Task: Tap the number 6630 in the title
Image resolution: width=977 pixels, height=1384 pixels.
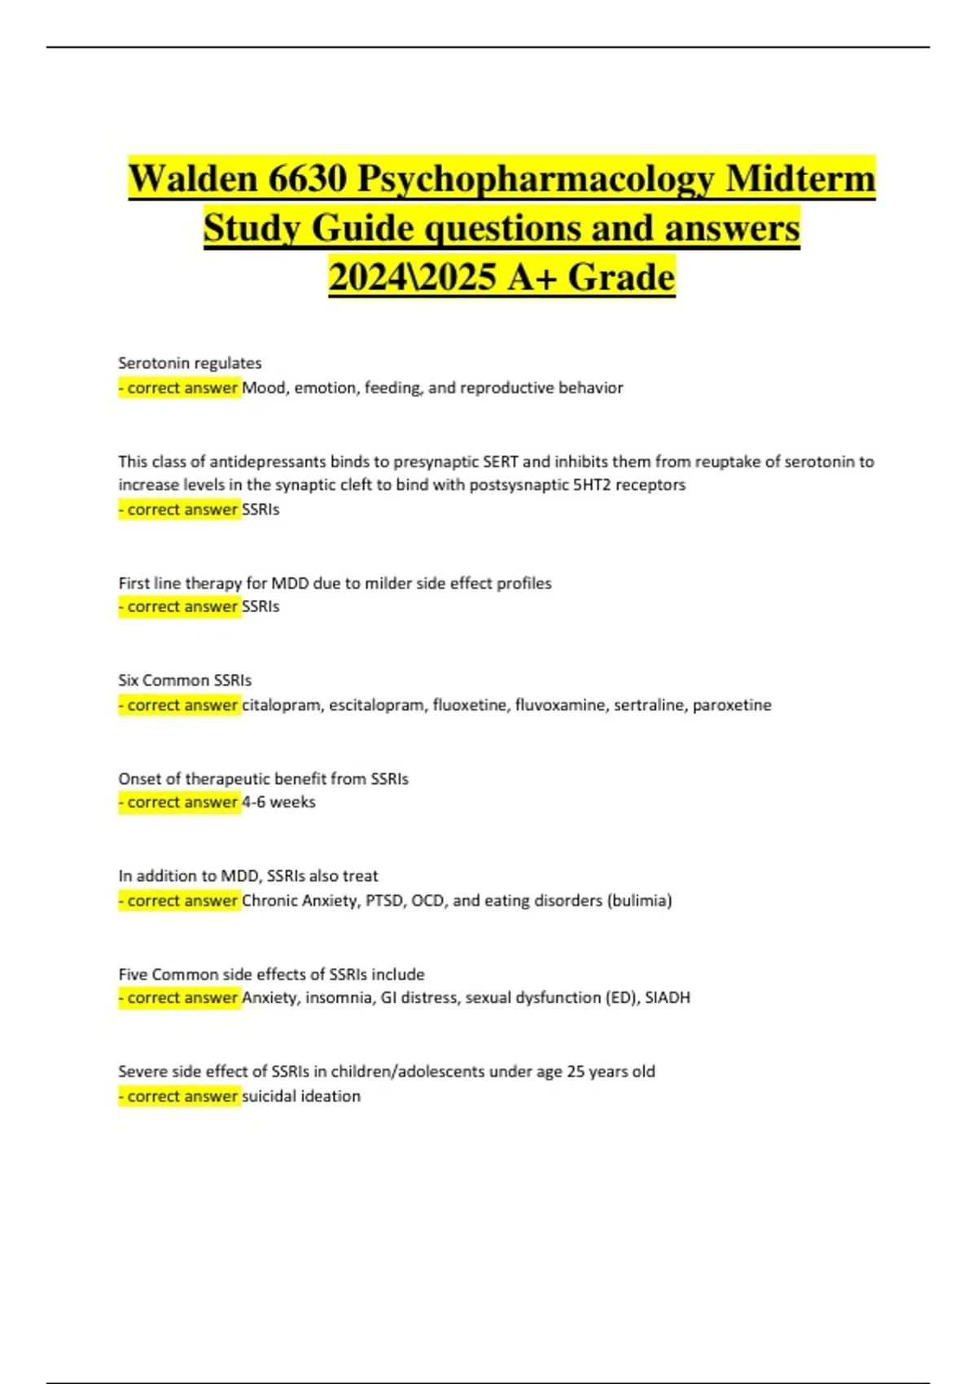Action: [307, 178]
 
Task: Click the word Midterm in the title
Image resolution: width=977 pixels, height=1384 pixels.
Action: [800, 178]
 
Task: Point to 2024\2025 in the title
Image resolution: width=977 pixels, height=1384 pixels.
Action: [412, 277]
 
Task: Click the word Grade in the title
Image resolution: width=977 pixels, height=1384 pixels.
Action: [622, 277]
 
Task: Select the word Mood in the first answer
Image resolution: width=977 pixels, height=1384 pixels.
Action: [264, 388]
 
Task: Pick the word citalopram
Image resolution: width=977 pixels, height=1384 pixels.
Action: [281, 705]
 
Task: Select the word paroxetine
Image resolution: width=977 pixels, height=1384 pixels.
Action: [732, 705]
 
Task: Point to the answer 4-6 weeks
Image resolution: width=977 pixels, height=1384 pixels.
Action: [278, 802]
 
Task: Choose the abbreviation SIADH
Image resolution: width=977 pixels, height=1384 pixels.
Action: [668, 997]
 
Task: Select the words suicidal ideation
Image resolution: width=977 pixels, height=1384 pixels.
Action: [301, 1096]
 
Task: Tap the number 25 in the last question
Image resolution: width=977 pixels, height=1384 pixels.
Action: [576, 1071]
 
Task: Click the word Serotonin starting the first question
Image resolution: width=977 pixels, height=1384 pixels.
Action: [151, 363]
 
